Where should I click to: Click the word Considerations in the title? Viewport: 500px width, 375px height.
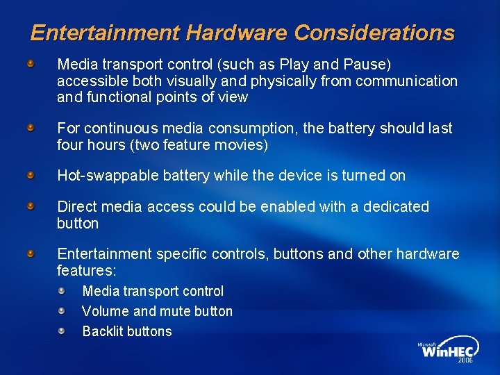pyautogui.click(x=375, y=33)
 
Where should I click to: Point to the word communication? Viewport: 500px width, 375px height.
pyautogui.click(x=406, y=81)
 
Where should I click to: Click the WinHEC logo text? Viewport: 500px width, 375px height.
pyautogui.click(x=449, y=351)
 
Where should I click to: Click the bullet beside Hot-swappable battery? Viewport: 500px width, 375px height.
pyautogui.click(x=31, y=176)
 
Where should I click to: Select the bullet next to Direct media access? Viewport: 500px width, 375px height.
pyautogui.click(x=31, y=206)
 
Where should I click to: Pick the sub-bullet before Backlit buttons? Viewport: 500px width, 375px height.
pyautogui.click(x=62, y=331)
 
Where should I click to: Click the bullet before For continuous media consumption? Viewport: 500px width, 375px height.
pyautogui.click(x=31, y=128)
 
